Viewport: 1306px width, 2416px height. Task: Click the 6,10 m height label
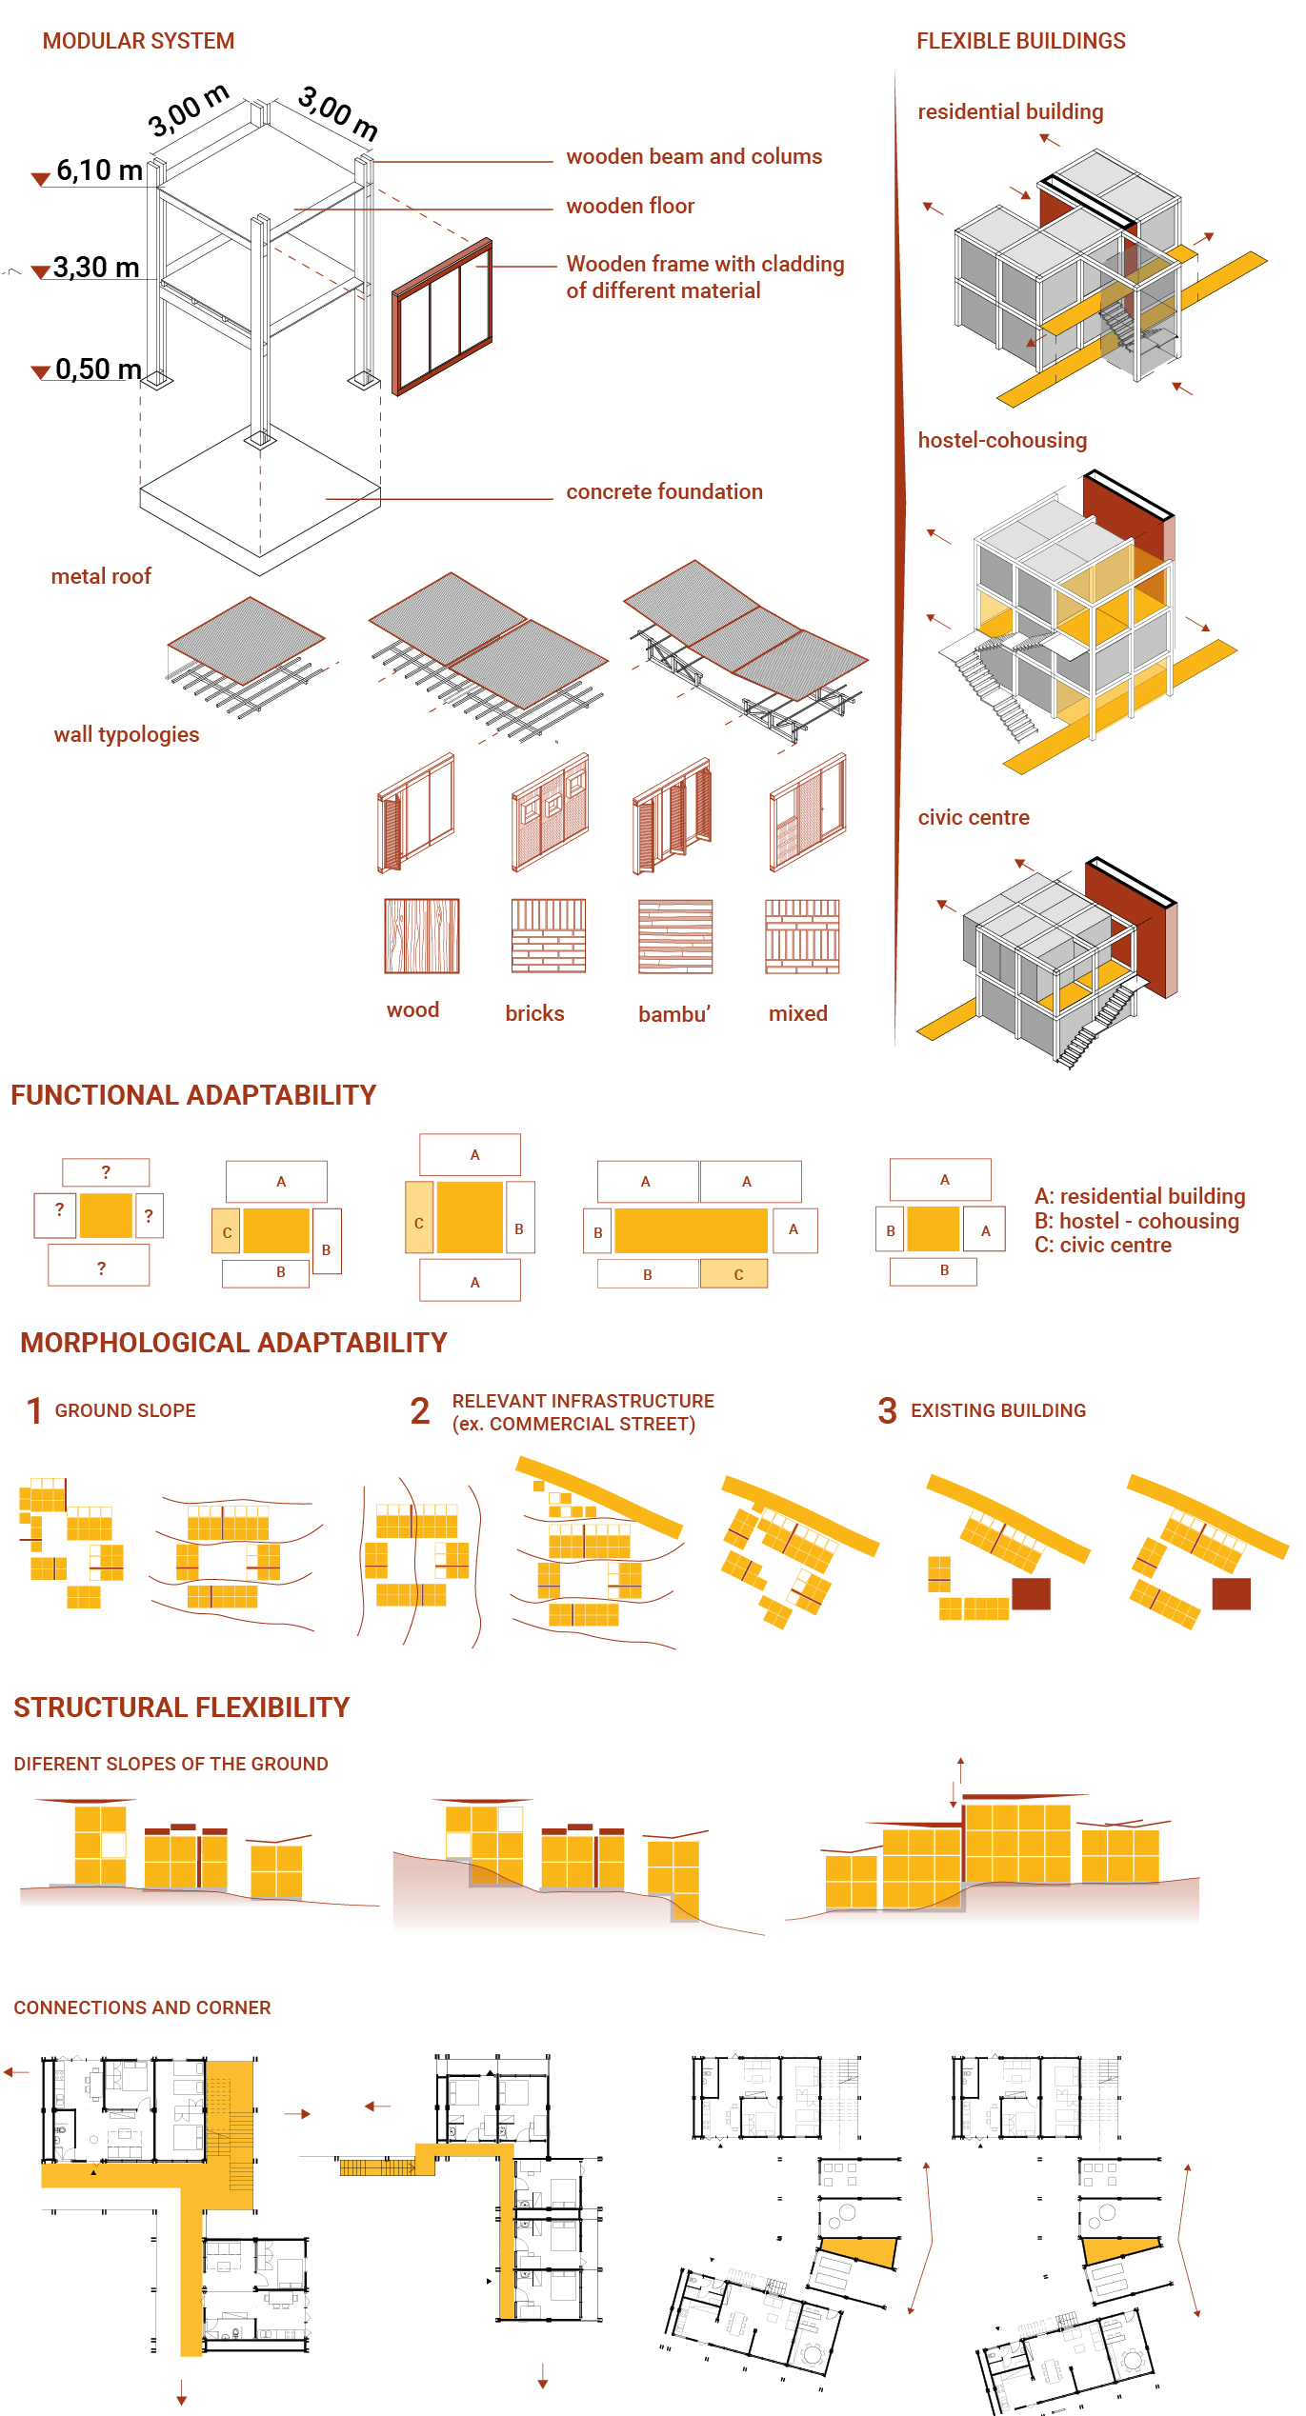pyautogui.click(x=99, y=170)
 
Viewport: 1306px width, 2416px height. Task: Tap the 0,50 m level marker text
pyautogui.click(x=98, y=369)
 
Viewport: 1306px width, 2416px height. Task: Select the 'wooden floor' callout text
pyautogui.click(x=630, y=206)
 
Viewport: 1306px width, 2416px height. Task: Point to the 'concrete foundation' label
pyautogui.click(x=664, y=491)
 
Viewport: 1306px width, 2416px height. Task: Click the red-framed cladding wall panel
pyautogui.click(x=442, y=316)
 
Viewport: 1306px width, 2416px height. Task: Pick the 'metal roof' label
pyautogui.click(x=101, y=576)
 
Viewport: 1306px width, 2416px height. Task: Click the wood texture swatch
pyautogui.click(x=422, y=936)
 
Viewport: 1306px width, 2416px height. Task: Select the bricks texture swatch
pyautogui.click(x=549, y=936)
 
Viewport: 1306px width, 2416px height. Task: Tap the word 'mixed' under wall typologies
pyautogui.click(x=798, y=1013)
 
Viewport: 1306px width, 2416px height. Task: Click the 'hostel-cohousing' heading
pyautogui.click(x=1002, y=440)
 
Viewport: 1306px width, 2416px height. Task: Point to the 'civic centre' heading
pyautogui.click(x=974, y=817)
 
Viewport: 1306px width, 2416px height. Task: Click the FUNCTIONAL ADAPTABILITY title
pyautogui.click(x=193, y=1095)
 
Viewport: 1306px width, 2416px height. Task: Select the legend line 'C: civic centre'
pyautogui.click(x=1103, y=1245)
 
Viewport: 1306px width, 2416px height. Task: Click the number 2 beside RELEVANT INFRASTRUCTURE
pyautogui.click(x=420, y=1411)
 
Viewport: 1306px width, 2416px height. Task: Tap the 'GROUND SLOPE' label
pyautogui.click(x=125, y=1410)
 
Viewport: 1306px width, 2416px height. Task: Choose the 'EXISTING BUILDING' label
pyautogui.click(x=998, y=1410)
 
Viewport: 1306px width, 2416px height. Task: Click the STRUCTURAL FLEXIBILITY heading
pyautogui.click(x=182, y=1707)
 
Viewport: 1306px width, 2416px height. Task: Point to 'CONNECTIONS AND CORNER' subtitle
pyautogui.click(x=142, y=2007)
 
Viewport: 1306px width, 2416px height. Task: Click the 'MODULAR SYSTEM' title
pyautogui.click(x=138, y=41)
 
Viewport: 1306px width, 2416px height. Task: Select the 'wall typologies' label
pyautogui.click(x=127, y=734)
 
